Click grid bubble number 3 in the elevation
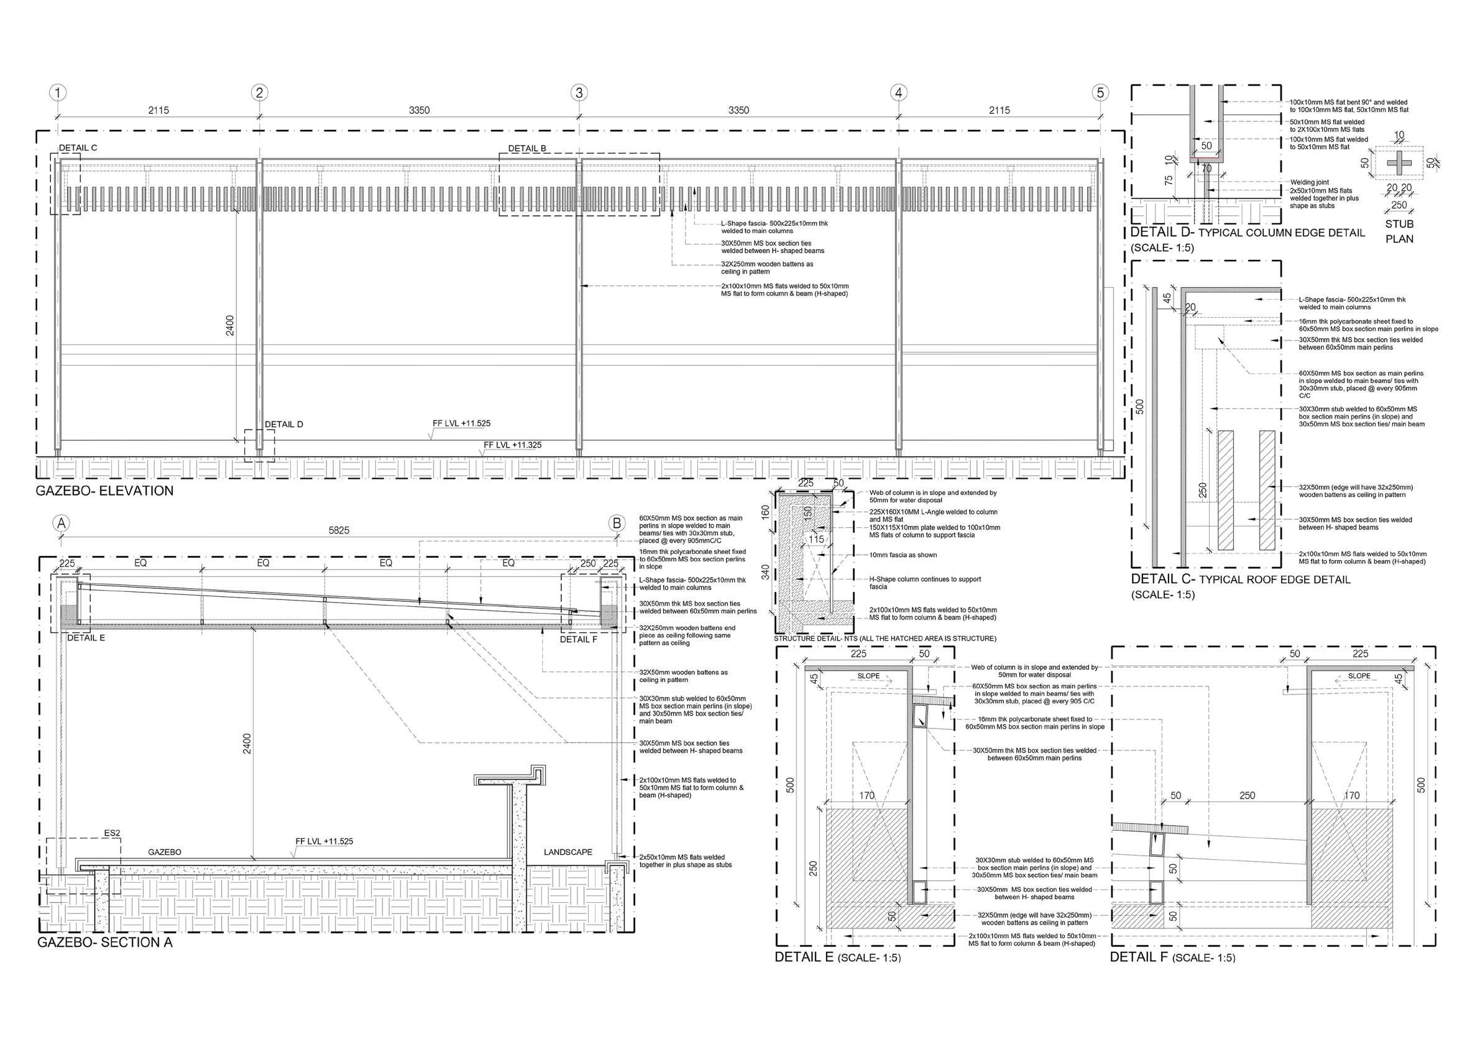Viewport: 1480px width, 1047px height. pyautogui.click(x=578, y=93)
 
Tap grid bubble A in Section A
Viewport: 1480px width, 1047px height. pyautogui.click(x=62, y=523)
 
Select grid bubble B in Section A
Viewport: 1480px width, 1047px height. pyautogui.click(x=617, y=523)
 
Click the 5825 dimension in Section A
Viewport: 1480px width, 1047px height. pyautogui.click(x=339, y=530)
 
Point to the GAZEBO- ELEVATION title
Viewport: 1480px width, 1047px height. pyautogui.click(x=104, y=491)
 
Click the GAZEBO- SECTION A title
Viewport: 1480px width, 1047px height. pyautogui.click(x=104, y=943)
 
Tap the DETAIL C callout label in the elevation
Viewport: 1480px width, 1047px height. pyautogui.click(x=78, y=147)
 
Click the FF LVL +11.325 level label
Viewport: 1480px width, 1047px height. pyautogui.click(x=512, y=445)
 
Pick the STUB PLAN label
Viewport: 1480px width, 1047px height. pyautogui.click(x=1399, y=231)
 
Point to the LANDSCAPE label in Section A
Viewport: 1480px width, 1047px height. pyautogui.click(x=568, y=852)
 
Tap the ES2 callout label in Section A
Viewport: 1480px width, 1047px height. pyautogui.click(x=112, y=833)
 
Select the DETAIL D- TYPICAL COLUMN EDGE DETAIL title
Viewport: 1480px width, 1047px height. pyautogui.click(x=1248, y=233)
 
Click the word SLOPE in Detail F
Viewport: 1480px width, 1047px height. pyautogui.click(x=1359, y=676)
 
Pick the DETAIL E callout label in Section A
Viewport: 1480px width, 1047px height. pyautogui.click(x=86, y=638)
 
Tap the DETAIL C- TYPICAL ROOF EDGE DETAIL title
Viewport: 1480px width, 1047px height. pyautogui.click(x=1240, y=579)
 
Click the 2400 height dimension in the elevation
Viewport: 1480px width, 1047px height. pyautogui.click(x=230, y=326)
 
